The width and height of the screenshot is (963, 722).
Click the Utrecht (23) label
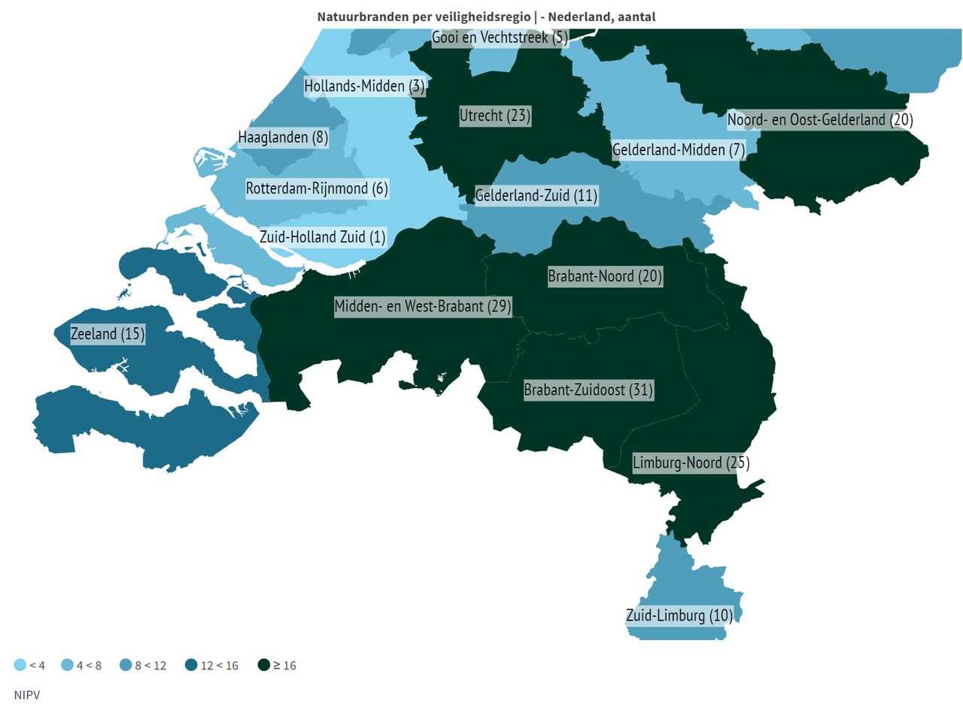(495, 116)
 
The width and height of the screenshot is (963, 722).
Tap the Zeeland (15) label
(108, 334)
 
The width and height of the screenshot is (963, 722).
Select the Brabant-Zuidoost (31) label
(588, 390)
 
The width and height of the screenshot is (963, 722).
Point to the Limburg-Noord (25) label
(691, 463)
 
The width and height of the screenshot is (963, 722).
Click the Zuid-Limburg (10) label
(679, 616)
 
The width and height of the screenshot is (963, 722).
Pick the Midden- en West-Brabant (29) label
(423, 306)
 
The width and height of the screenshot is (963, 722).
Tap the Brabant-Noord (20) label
(605, 276)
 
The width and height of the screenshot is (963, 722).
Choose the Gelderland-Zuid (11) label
(536, 196)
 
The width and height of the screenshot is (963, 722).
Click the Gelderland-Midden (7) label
(679, 150)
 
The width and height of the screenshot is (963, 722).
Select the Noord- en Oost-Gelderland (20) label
(820, 120)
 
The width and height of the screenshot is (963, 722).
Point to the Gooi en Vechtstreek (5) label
(500, 38)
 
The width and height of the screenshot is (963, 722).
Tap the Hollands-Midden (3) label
(364, 86)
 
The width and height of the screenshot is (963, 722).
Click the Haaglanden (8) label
(283, 138)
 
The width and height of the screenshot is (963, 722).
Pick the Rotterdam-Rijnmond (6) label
(317, 189)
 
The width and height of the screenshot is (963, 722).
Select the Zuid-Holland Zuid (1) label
(322, 238)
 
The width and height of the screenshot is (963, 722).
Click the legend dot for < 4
(20, 665)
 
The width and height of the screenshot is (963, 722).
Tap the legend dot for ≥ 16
(264, 665)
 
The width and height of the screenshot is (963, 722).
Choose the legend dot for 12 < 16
(192, 665)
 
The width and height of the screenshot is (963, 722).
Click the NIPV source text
(27, 695)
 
